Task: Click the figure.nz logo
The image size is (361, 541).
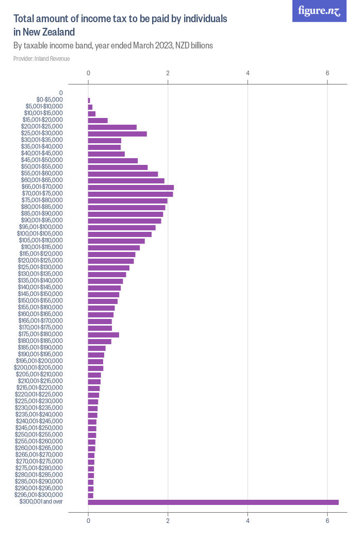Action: coord(319,11)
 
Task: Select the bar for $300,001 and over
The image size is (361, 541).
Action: coord(213,502)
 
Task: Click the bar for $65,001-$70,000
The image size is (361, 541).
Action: coord(131,187)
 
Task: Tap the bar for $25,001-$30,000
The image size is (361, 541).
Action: coord(118,133)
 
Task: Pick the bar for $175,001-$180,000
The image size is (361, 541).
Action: coord(104,334)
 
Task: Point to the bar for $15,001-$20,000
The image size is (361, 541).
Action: coord(98,120)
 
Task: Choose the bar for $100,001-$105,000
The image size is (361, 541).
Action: coord(120,234)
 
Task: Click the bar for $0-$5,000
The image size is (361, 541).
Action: coord(89,100)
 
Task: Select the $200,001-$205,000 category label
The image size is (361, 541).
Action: coord(40,368)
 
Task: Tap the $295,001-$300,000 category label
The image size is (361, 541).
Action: coord(40,495)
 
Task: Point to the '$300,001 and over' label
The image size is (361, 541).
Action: coord(41,502)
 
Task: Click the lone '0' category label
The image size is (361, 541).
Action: coord(61,93)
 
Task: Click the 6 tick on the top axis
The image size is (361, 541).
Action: coord(327,73)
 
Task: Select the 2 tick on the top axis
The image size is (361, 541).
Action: coord(168,73)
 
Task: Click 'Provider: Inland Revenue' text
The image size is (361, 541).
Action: coord(42,59)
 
